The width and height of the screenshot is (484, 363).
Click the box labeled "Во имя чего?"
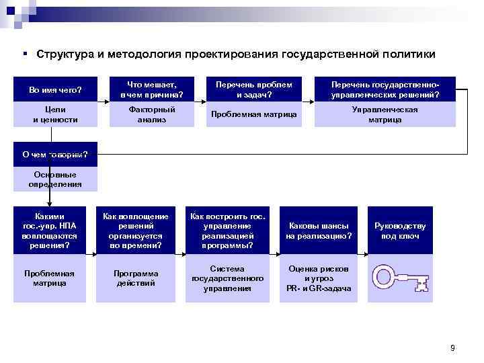click(x=55, y=89)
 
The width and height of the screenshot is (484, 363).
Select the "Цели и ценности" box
click(x=55, y=114)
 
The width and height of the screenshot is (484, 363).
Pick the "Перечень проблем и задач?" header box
click(x=253, y=89)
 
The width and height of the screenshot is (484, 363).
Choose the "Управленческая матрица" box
click(x=385, y=114)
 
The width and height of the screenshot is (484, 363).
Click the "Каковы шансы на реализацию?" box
click(x=319, y=231)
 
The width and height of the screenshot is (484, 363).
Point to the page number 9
click(x=452, y=348)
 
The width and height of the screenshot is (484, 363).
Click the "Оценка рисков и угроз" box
click(x=319, y=278)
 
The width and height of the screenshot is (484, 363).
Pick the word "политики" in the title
click(x=405, y=53)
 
